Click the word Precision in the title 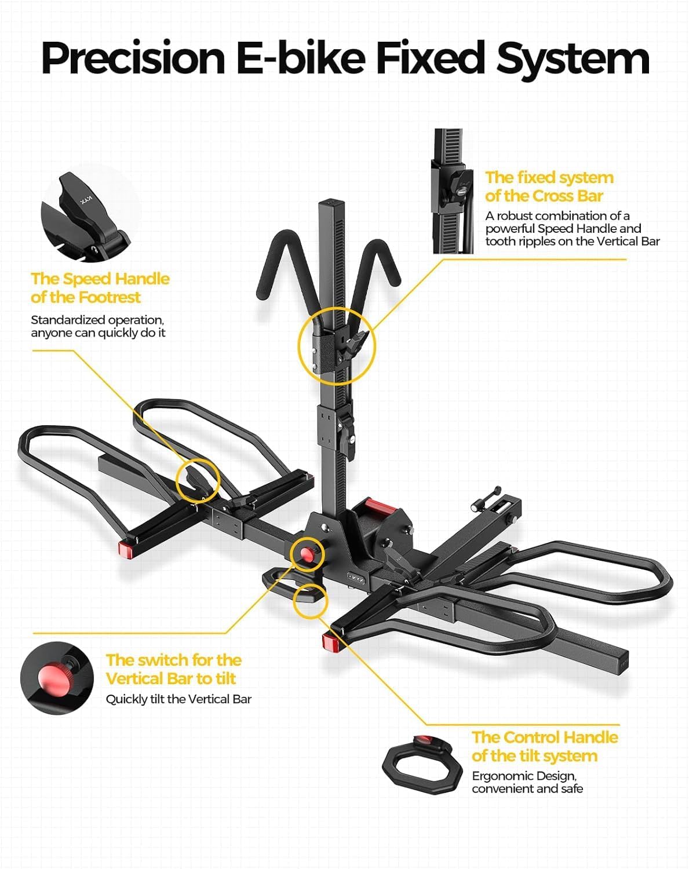tap(133, 58)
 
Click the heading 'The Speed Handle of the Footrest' tap(100, 288)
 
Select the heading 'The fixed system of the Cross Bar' tap(549, 187)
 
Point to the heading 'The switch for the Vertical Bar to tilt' tap(173, 669)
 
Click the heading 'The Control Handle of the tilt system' tap(544, 746)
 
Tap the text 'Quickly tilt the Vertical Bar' tap(178, 699)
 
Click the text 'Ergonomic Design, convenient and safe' tap(527, 782)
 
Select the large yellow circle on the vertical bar tap(337, 346)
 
